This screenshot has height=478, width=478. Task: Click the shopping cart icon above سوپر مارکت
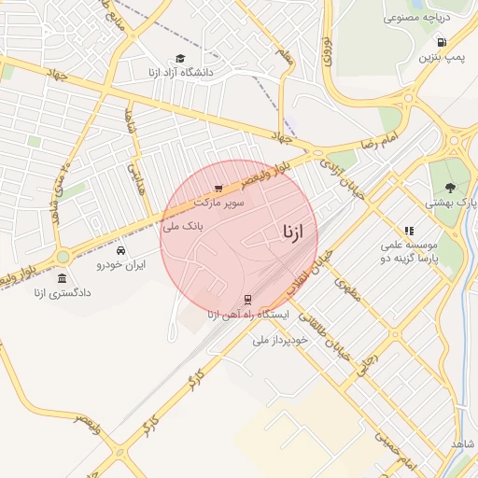218,188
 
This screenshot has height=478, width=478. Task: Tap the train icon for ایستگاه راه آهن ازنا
247,300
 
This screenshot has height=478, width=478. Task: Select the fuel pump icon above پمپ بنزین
441,42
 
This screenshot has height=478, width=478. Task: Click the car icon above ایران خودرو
121,250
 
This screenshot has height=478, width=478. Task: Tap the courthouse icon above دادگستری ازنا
62,278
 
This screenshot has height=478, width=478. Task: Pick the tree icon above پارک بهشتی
450,188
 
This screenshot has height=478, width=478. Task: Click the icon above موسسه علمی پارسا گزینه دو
408,231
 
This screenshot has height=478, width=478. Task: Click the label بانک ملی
183,226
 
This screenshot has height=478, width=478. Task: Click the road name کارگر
194,380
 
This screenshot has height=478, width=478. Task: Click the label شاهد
463,443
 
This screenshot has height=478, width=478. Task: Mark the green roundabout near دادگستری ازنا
63,256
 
